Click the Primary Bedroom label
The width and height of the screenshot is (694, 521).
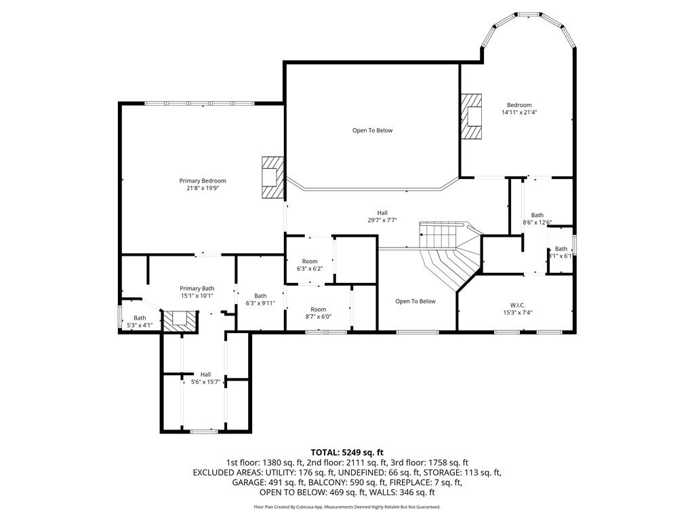203,180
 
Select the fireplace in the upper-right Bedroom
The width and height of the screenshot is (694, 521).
471,117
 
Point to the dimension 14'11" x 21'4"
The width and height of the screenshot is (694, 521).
520,113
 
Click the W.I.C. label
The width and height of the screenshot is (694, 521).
517,305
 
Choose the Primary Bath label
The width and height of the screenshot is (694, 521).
197,288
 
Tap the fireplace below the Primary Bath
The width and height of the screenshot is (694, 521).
179,320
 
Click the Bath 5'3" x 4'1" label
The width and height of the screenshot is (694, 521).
140,322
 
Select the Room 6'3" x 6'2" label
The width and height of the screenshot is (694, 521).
310,265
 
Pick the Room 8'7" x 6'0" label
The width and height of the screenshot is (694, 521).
319,313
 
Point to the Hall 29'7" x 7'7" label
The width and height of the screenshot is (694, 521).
382,216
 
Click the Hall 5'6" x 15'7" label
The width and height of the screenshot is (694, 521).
206,378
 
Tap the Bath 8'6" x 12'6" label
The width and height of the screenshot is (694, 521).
537,219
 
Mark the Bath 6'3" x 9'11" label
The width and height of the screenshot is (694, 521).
261,299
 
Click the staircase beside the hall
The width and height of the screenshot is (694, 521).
450,255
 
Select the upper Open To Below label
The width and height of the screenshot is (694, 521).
373,130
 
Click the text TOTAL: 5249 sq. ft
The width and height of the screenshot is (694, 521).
347,452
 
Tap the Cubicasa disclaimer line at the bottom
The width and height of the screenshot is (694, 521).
347,507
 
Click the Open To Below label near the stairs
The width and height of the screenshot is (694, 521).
415,301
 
